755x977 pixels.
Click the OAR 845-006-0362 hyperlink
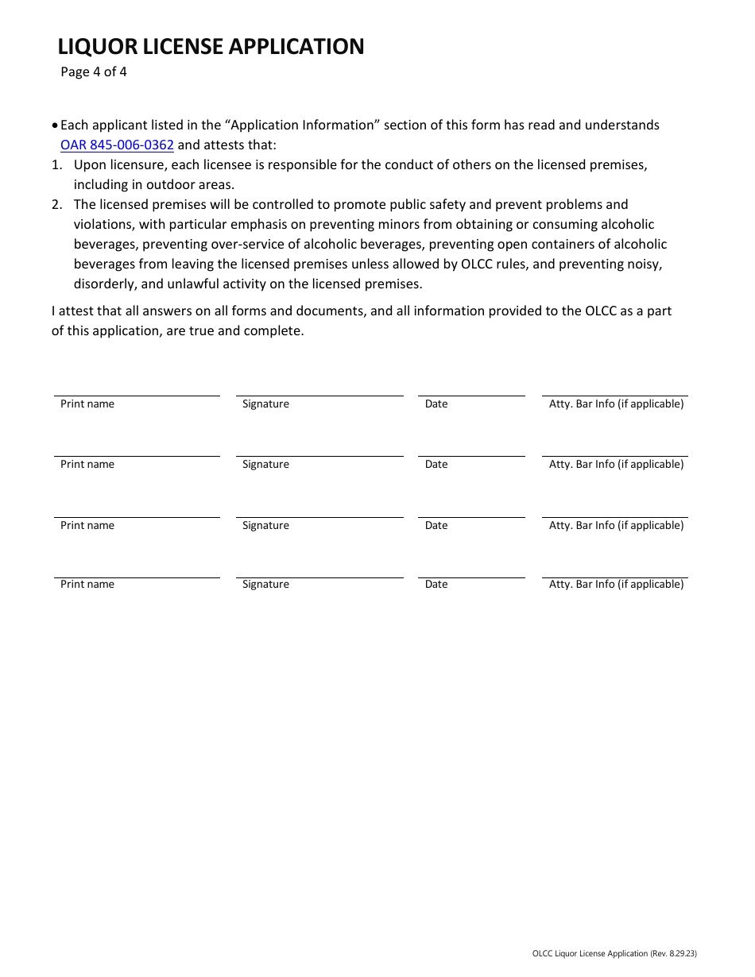click(x=117, y=145)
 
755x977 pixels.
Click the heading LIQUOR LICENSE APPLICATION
click(x=211, y=47)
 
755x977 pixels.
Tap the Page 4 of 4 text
click(x=94, y=72)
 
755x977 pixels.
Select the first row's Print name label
click(x=87, y=404)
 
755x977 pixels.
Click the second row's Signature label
click(x=265, y=465)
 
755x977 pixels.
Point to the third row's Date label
click(x=436, y=526)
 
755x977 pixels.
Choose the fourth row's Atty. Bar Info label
click(x=616, y=585)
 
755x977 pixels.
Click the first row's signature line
click(x=319, y=395)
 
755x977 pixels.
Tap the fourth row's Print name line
click(x=137, y=577)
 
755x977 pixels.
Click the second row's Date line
click(x=471, y=456)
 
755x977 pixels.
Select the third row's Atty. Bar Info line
click(x=614, y=517)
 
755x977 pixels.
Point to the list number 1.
click(x=56, y=165)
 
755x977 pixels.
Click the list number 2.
click(x=56, y=205)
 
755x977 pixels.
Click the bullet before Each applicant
click(x=55, y=126)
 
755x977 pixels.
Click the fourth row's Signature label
click(x=265, y=585)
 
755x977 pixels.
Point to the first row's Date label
click(x=436, y=404)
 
